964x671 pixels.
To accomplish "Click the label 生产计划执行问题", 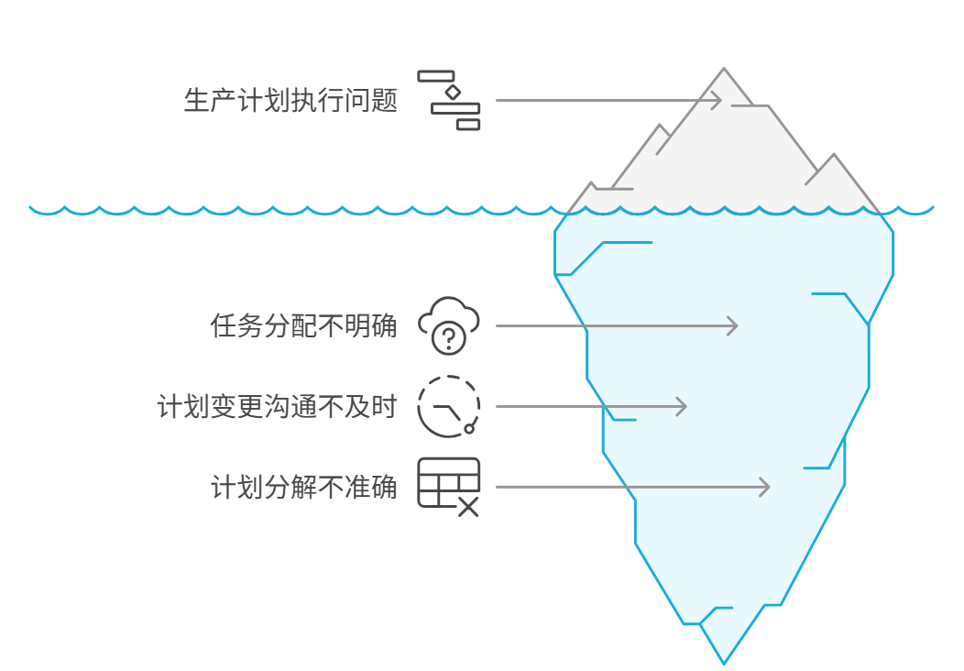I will (x=290, y=101).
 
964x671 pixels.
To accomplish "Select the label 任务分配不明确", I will (x=304, y=326).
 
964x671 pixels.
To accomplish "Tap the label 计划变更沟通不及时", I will (x=277, y=406).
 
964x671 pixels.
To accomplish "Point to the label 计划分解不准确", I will (x=304, y=487).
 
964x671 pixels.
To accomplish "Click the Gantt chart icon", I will (x=449, y=100).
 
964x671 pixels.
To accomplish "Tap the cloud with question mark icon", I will (x=449, y=325).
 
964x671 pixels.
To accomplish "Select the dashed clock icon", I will (x=448, y=406).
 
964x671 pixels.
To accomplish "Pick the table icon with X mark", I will (x=449, y=486).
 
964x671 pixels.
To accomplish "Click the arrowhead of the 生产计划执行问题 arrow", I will (x=718, y=101).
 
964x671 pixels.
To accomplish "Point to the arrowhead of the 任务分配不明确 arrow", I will (x=733, y=325).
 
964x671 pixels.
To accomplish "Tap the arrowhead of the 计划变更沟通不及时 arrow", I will (x=682, y=406).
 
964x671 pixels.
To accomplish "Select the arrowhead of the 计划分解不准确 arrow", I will (x=765, y=487).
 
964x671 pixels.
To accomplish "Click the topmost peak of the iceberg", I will (x=724, y=70).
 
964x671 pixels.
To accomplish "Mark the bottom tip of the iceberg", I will (x=723, y=662).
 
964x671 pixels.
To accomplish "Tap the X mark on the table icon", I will (x=468, y=507).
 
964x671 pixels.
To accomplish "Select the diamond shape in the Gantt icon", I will (x=452, y=93).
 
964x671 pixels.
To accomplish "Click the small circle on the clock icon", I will (x=469, y=428).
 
